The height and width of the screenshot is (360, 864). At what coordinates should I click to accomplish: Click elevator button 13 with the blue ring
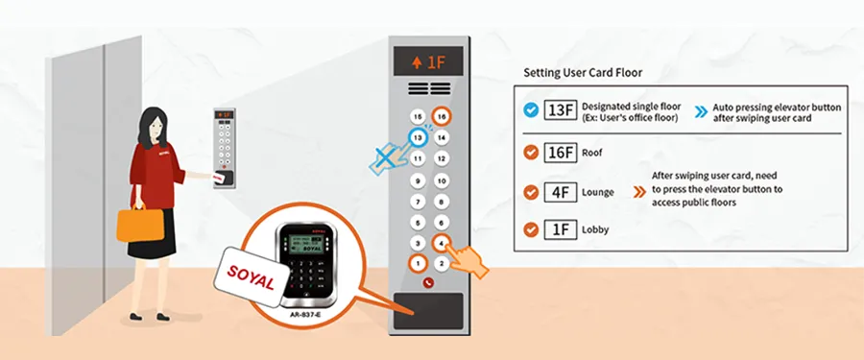[417, 137]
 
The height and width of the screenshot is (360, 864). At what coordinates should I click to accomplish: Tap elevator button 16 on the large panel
[442, 116]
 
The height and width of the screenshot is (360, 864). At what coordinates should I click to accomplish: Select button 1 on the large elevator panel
[417, 263]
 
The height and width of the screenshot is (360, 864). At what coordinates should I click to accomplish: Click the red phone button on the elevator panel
[429, 284]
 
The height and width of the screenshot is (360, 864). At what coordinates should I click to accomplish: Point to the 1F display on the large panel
[429, 62]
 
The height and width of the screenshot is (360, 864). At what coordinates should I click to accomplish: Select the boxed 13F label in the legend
[560, 109]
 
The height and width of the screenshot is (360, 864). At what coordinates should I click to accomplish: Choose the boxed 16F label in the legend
[560, 152]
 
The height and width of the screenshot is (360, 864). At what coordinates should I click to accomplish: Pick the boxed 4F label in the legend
[560, 192]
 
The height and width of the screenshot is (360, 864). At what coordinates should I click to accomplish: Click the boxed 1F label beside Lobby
[560, 230]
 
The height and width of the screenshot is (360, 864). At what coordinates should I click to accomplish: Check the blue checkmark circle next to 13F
[530, 109]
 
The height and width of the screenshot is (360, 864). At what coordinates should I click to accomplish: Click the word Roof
[592, 152]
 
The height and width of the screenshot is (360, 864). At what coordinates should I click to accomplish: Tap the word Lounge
[598, 192]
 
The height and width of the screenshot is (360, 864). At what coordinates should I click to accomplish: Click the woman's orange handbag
[135, 224]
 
